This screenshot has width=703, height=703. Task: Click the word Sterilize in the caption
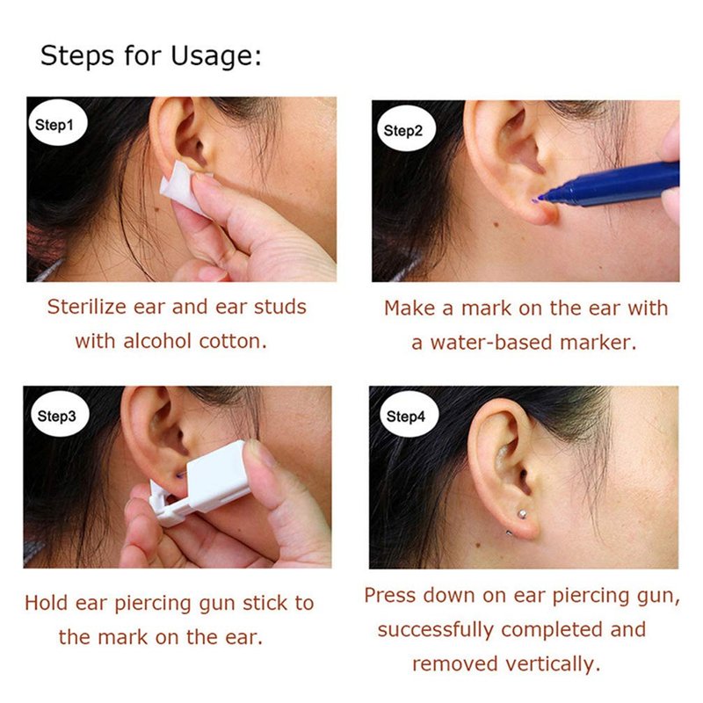(x=87, y=307)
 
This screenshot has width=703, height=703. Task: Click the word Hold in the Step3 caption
(x=47, y=603)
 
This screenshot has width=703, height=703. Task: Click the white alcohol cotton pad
(x=184, y=188)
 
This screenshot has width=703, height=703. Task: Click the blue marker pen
(x=610, y=185)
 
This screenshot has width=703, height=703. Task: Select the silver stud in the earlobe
(x=522, y=513)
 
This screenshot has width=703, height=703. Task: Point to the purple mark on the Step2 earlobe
(x=536, y=200)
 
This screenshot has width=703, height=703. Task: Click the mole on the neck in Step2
(x=496, y=224)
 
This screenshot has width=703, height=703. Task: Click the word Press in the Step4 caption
(x=390, y=596)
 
